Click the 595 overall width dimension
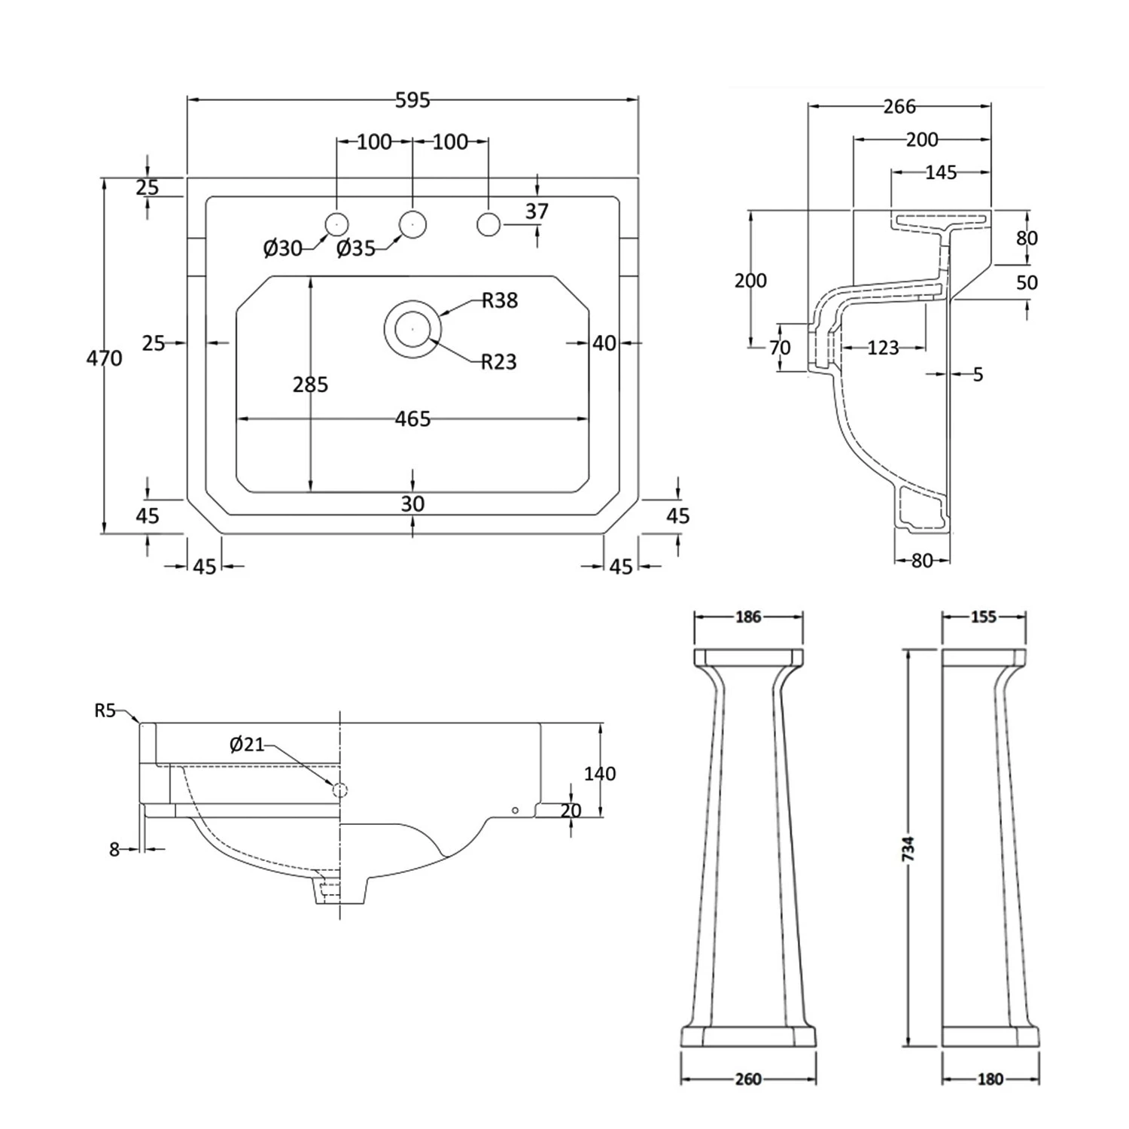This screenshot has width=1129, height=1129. pos(412,100)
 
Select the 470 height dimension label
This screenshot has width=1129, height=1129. pos(104,358)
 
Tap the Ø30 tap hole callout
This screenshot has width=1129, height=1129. pos(282,248)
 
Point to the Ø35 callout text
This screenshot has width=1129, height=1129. pos(355,248)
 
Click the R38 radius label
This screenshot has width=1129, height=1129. pos(500,300)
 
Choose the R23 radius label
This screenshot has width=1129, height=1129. pos(500,362)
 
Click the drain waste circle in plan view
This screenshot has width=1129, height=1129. pos(412,328)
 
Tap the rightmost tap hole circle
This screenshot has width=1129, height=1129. pos(488,224)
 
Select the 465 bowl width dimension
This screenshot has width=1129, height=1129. pos(412,418)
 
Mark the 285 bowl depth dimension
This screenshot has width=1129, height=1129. pos(310,385)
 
